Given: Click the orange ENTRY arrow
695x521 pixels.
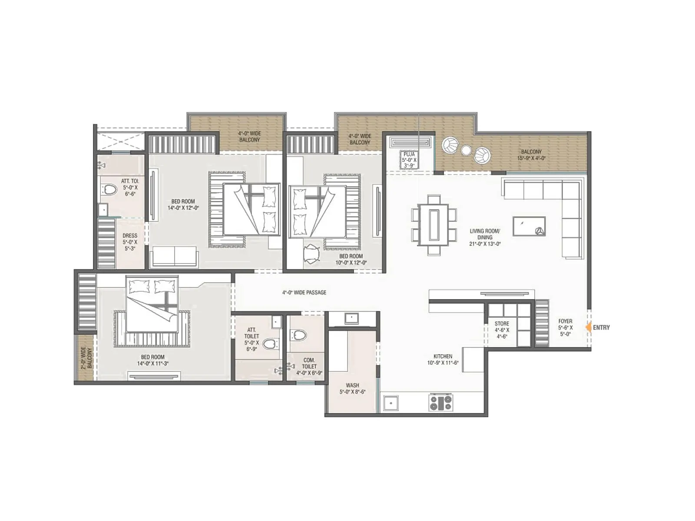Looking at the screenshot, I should click(589, 327).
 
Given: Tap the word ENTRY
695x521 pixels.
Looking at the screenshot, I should click(601, 327).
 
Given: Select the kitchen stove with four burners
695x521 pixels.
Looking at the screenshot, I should click(440, 402).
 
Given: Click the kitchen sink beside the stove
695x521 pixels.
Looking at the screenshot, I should click(391, 402).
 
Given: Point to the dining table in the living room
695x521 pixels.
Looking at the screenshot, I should click(434, 224).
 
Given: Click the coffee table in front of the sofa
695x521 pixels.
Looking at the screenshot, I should click(529, 226).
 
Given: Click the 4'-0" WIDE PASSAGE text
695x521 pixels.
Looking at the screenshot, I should click(304, 293).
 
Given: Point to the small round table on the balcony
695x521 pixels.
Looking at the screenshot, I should click(466, 150).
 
